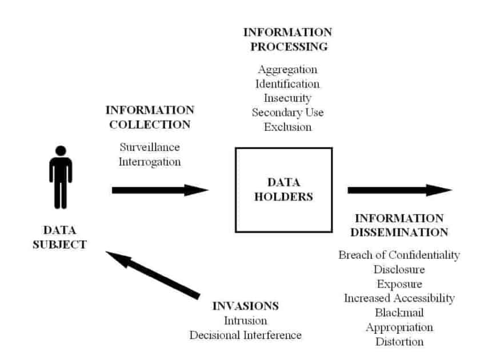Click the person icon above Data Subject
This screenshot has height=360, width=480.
point(61,177)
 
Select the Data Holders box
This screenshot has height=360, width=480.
point(283,190)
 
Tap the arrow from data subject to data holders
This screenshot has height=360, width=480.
point(160,190)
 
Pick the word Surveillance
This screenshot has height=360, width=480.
point(149,147)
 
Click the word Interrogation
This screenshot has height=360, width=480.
point(150,161)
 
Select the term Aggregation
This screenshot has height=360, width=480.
point(287,70)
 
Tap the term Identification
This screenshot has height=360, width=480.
point(287,84)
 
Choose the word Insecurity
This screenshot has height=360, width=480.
point(287,98)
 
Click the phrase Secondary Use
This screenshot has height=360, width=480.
point(287,113)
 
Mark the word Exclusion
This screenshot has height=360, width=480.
point(287,127)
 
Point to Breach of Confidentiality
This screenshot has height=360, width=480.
point(399,255)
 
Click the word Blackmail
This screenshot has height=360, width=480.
point(399,313)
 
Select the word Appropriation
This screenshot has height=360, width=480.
point(399,327)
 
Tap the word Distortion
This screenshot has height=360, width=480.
point(399,342)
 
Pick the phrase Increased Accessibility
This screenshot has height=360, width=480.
point(399,298)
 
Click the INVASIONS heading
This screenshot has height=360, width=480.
point(245,306)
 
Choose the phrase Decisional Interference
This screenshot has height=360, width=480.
point(245,335)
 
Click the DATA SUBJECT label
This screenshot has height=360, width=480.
point(65,237)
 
